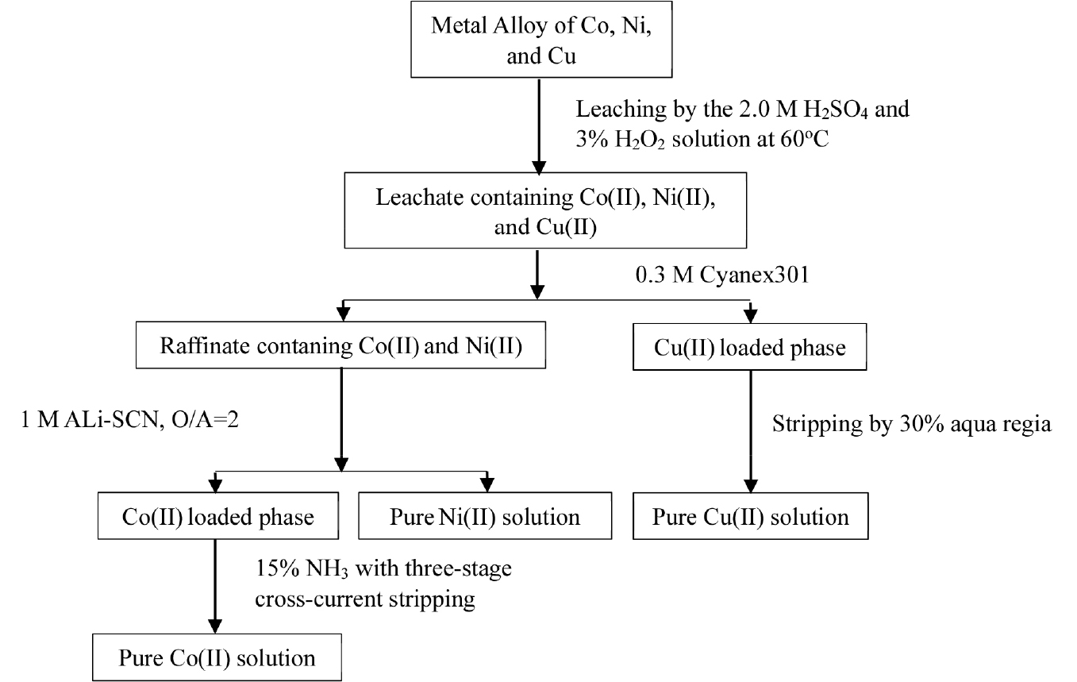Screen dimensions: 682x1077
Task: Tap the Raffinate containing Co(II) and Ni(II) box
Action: tap(341, 346)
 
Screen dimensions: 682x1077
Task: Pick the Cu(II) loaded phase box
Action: tap(750, 347)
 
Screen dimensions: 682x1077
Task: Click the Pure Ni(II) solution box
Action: tap(485, 518)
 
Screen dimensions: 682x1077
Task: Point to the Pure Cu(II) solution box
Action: tap(750, 518)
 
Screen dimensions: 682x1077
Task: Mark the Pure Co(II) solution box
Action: tap(217, 657)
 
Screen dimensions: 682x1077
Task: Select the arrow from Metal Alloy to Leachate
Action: tap(539, 123)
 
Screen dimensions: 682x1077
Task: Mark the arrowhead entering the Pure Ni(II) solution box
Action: tap(487, 484)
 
